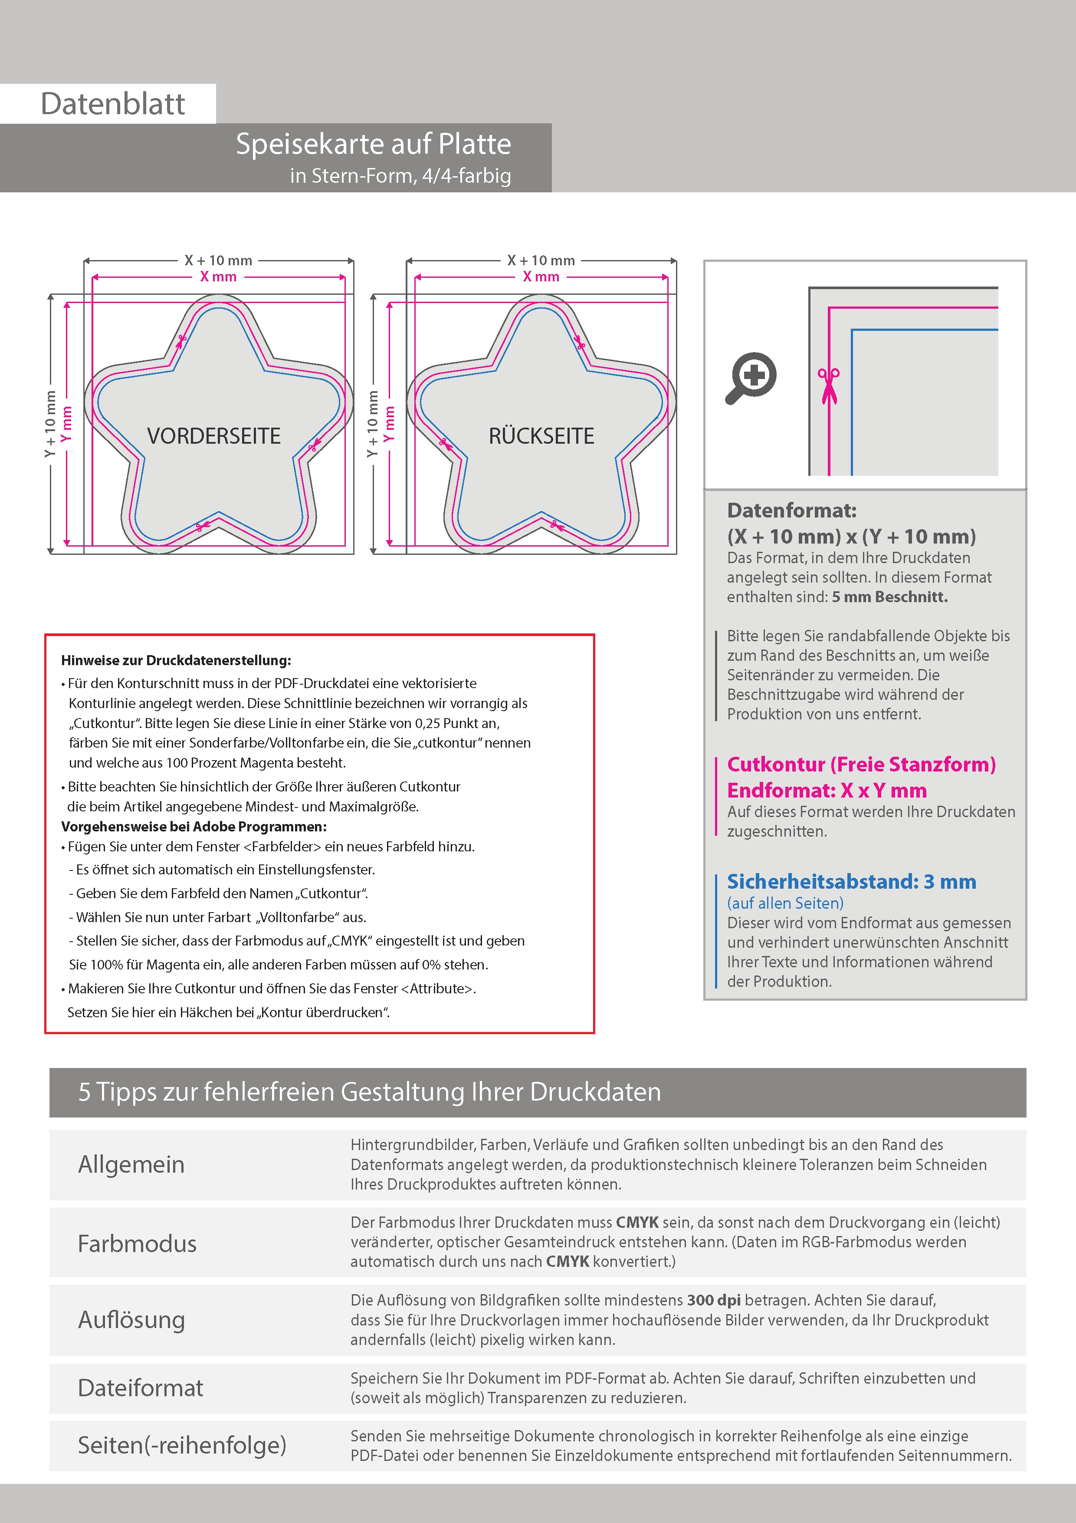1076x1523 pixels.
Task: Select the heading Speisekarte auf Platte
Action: pyautogui.click(x=373, y=144)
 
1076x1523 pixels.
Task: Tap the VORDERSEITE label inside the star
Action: pyautogui.click(x=213, y=436)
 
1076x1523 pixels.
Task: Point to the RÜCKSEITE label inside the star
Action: pyautogui.click(x=541, y=436)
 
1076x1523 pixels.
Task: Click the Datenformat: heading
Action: pyautogui.click(x=791, y=510)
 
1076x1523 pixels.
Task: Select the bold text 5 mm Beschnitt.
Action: pyautogui.click(x=890, y=597)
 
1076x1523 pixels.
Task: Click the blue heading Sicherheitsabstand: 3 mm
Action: pyautogui.click(x=851, y=882)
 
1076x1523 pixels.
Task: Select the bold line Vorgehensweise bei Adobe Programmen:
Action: pyautogui.click(x=194, y=827)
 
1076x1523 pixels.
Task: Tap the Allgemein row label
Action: pyautogui.click(x=131, y=1164)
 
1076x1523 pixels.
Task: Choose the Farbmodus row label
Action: pyautogui.click(x=137, y=1243)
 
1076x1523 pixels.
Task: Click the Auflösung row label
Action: pyautogui.click(x=131, y=1319)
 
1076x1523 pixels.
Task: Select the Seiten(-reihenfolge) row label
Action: pyautogui.click(x=182, y=1445)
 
